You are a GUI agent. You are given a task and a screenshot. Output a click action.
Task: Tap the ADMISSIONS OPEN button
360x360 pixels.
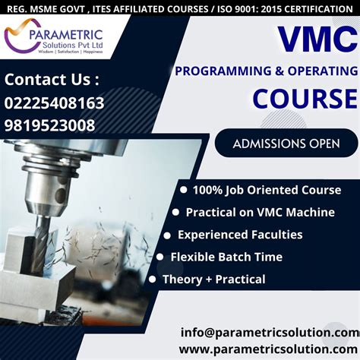pos(286,143)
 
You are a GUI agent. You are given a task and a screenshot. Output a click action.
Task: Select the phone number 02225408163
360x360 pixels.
pos(55,103)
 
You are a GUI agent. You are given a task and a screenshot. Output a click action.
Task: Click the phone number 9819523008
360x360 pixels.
pos(50,125)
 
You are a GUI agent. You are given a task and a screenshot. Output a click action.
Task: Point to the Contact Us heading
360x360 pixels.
pos(52,79)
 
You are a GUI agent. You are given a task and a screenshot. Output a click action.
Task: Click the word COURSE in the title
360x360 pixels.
pos(304,99)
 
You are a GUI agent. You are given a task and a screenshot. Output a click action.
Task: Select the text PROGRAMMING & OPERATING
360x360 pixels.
pos(266,71)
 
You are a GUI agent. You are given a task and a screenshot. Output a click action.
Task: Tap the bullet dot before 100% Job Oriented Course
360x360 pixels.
pos(183,190)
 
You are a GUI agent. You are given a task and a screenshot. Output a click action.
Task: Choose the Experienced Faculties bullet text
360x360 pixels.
pos(240,235)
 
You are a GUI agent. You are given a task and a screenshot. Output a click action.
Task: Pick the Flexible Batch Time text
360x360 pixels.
pos(226,257)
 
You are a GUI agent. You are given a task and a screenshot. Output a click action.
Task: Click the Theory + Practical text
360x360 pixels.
pos(213,279)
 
